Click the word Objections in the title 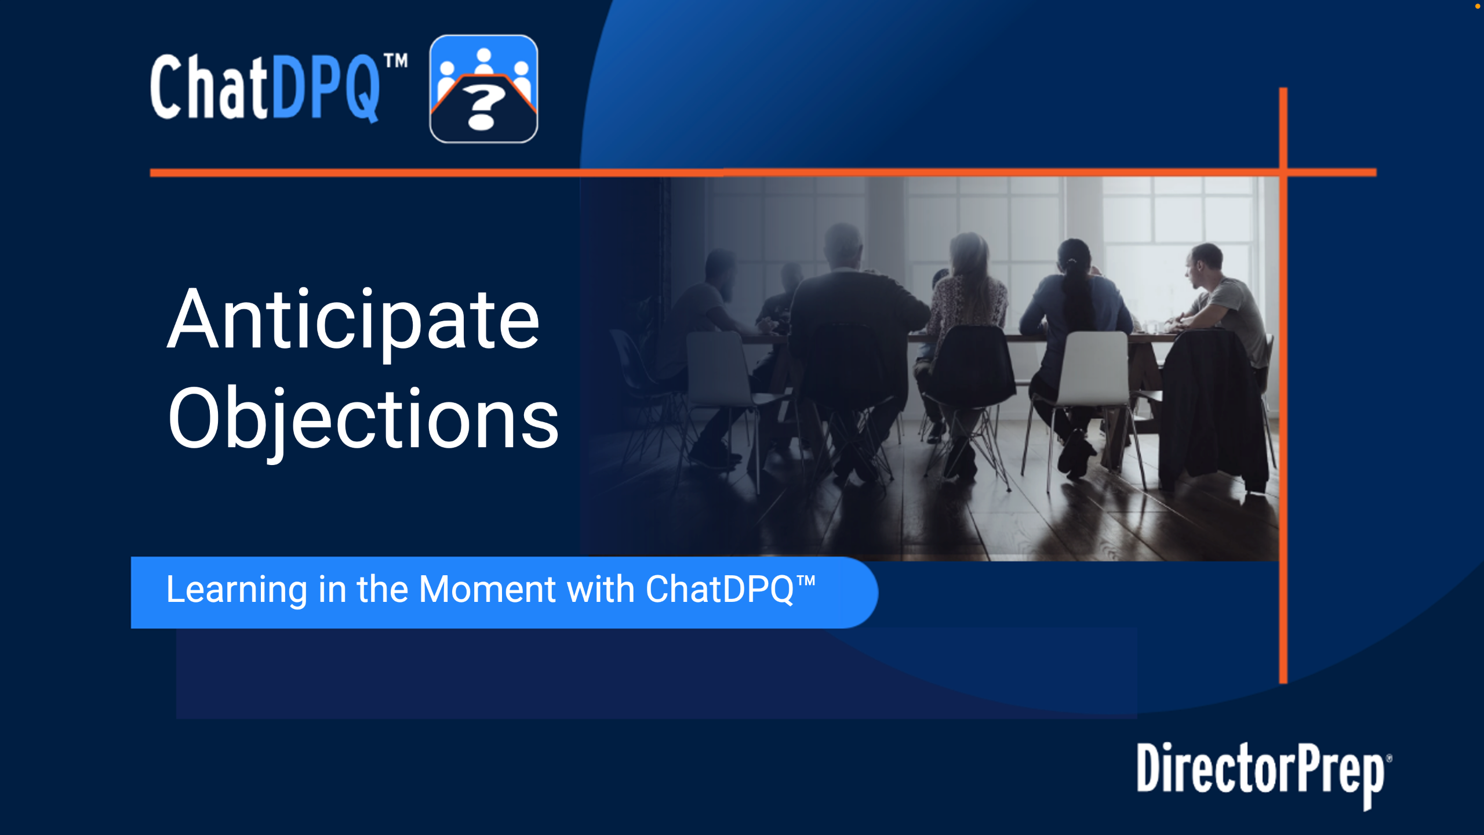pyautogui.click(x=363, y=420)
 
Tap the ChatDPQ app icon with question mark pyautogui.click(x=483, y=89)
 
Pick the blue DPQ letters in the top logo pyautogui.click(x=326, y=88)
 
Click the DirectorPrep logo pyautogui.click(x=1264, y=775)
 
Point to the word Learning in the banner pyautogui.click(x=237, y=590)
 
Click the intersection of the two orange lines pyautogui.click(x=1283, y=172)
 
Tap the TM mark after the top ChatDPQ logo pyautogui.click(x=397, y=61)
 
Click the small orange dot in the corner pyautogui.click(x=1478, y=6)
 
